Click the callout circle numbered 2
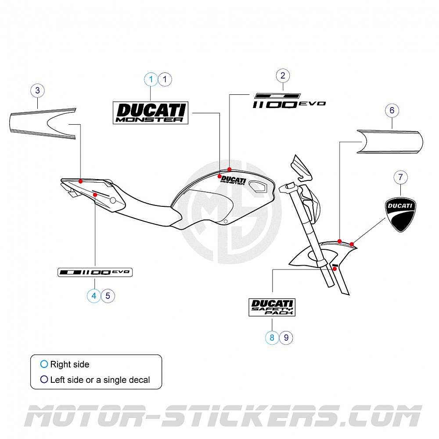pyautogui.click(x=283, y=76)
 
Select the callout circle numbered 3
pyautogui.click(x=37, y=91)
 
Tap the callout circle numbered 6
pyautogui.click(x=392, y=110)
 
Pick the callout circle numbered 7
pyautogui.click(x=400, y=177)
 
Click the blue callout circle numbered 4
pyautogui.click(x=94, y=296)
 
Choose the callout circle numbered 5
pyautogui.click(x=108, y=296)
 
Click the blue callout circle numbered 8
pyautogui.click(x=272, y=338)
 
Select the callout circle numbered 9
pyautogui.click(x=286, y=338)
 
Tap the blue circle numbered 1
pyautogui.click(x=151, y=79)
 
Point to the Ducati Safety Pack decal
pyautogui.click(x=272, y=307)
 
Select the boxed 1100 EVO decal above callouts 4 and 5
pyautogui.click(x=95, y=273)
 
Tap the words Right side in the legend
pyautogui.click(x=69, y=364)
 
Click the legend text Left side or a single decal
pyautogui.click(x=100, y=380)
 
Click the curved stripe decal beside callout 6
pyautogui.click(x=390, y=141)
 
